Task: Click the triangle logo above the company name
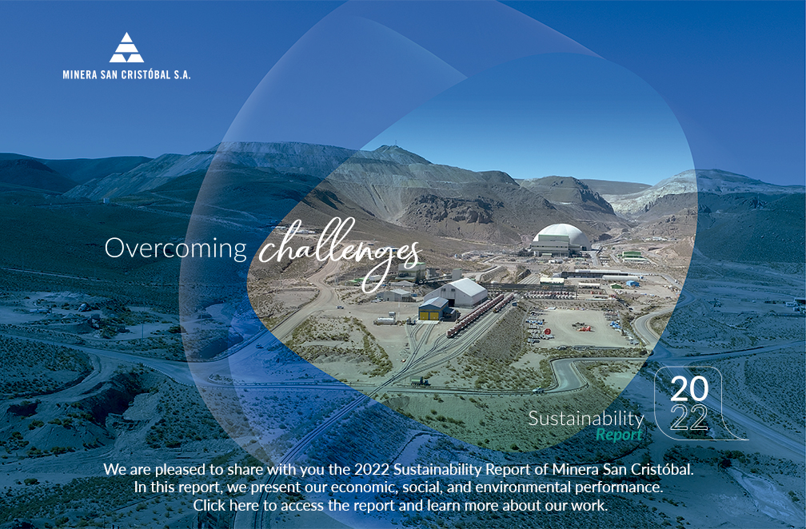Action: pyautogui.click(x=126, y=48)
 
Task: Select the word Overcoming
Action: pyautogui.click(x=176, y=248)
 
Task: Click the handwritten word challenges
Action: pyautogui.click(x=339, y=251)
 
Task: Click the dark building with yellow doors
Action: pyautogui.click(x=434, y=309)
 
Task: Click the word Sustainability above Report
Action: pyautogui.click(x=586, y=419)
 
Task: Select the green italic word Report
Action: pyautogui.click(x=619, y=435)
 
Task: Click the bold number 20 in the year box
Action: pyautogui.click(x=688, y=389)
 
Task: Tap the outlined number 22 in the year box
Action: pyautogui.click(x=688, y=418)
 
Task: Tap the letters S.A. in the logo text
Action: pyautogui.click(x=182, y=74)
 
